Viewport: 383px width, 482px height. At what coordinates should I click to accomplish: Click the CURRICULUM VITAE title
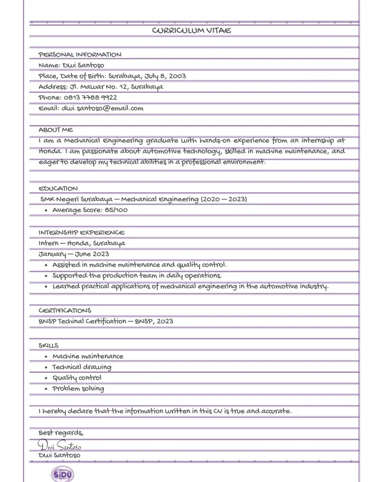(191, 31)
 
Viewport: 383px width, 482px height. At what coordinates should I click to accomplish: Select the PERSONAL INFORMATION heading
(80, 55)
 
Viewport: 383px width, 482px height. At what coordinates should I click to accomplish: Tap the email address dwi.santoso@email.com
(102, 108)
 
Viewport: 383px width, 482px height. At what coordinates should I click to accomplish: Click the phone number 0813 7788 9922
(90, 98)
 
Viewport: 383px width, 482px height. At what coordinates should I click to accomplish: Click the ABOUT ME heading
(56, 130)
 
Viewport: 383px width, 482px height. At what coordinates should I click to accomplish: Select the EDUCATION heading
(58, 189)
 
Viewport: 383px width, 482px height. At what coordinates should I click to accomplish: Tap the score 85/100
(116, 210)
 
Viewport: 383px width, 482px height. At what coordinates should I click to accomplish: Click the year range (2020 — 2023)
(223, 199)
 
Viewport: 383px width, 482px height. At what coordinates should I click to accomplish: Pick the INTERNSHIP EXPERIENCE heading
(81, 233)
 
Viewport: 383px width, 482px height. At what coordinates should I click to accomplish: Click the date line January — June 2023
(73, 254)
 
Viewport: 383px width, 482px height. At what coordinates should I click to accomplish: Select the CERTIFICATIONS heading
(64, 311)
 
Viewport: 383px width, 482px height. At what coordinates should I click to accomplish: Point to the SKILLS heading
(49, 346)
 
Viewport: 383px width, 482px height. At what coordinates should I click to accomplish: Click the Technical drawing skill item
(82, 367)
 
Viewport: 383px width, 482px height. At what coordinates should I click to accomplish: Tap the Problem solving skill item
(78, 389)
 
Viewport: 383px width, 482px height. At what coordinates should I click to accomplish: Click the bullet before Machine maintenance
(46, 357)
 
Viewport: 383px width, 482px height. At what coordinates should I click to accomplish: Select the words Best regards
(60, 433)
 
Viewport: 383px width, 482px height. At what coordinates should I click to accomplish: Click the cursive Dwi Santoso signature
(60, 446)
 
